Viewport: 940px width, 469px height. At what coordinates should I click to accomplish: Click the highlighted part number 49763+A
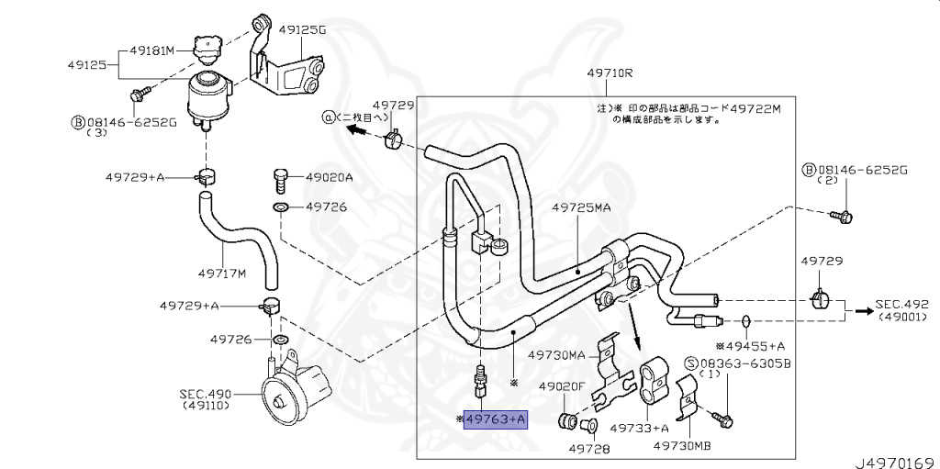496,419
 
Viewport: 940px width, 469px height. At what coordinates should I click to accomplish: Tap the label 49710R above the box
610,73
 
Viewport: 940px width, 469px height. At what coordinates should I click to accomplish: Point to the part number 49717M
222,274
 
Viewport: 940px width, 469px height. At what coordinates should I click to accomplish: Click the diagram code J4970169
897,462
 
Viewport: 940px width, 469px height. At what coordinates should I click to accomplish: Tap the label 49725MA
581,207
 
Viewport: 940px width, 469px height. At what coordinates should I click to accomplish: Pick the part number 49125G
303,28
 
